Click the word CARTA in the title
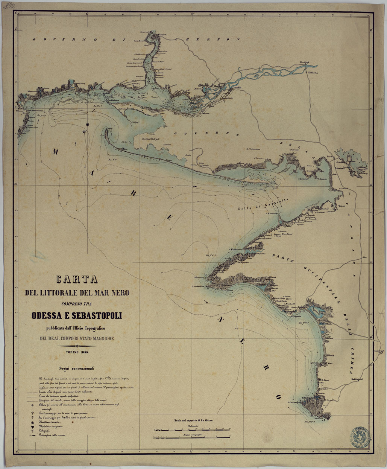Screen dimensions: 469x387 [x=77, y=280]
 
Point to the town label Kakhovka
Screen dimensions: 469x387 [x=313, y=73]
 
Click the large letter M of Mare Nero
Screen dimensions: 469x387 [x=56, y=152]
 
